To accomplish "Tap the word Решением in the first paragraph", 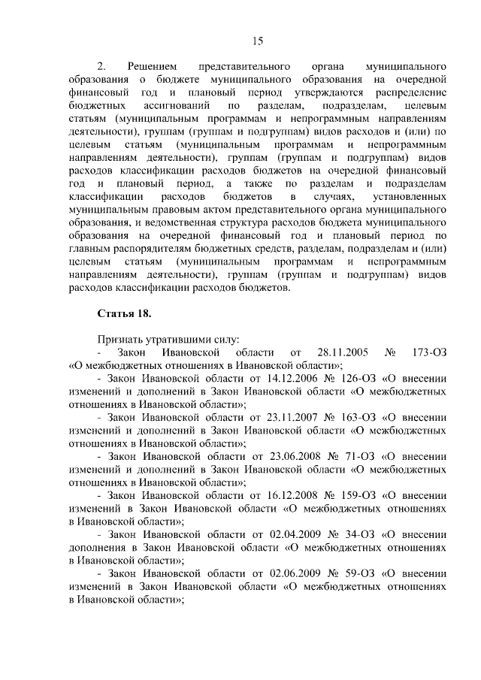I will point(154,66).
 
